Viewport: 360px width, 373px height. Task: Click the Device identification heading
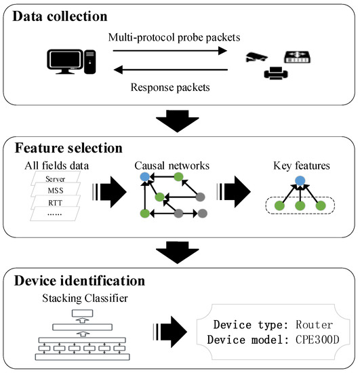click(83, 279)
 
